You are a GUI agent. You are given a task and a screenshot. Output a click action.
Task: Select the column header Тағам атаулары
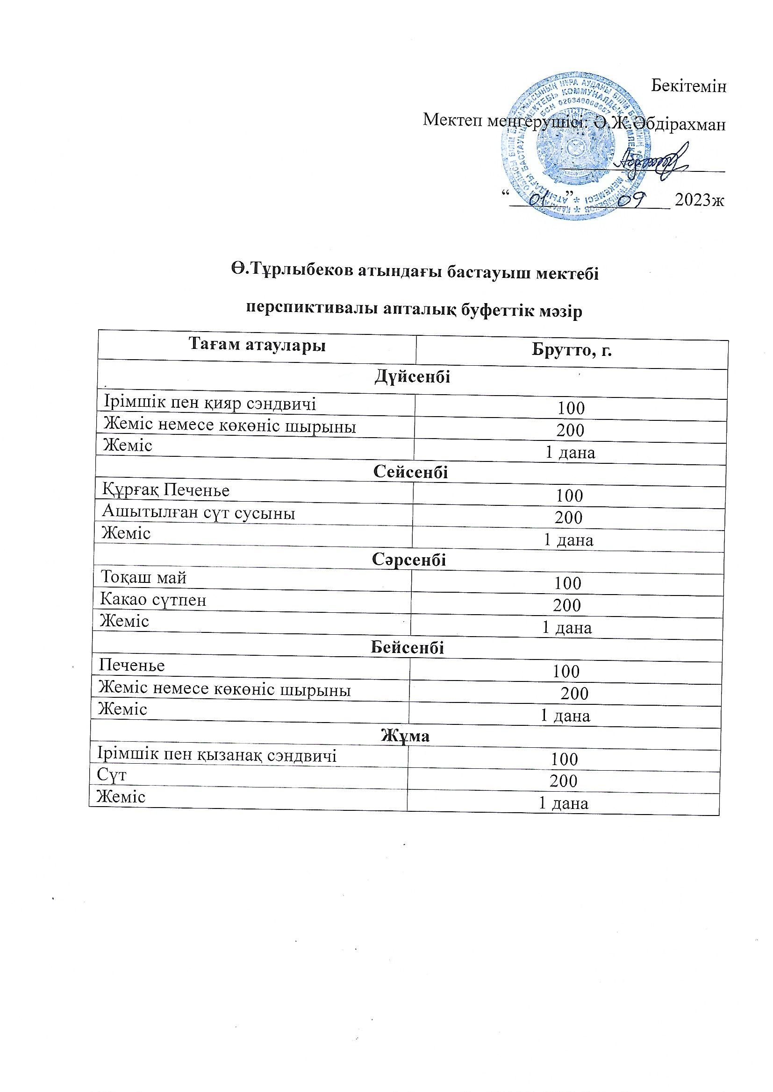point(257,344)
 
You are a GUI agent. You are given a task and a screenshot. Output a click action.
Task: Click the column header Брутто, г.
point(571,351)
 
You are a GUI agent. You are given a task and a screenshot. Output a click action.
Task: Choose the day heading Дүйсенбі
point(413,377)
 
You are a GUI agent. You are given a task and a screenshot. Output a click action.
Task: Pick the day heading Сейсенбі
point(411,472)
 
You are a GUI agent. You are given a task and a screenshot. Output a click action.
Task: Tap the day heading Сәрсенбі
point(409,560)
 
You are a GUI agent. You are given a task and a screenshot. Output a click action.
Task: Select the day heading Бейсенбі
point(408,647)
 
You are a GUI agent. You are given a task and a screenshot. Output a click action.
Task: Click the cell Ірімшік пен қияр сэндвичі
point(210,404)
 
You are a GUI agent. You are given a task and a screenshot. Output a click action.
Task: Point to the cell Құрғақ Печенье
point(165,490)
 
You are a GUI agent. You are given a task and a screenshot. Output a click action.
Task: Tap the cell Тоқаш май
point(143,578)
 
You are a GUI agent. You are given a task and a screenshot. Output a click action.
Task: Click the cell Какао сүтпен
point(153,600)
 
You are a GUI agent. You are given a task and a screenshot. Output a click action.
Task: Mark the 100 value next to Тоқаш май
point(567,583)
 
